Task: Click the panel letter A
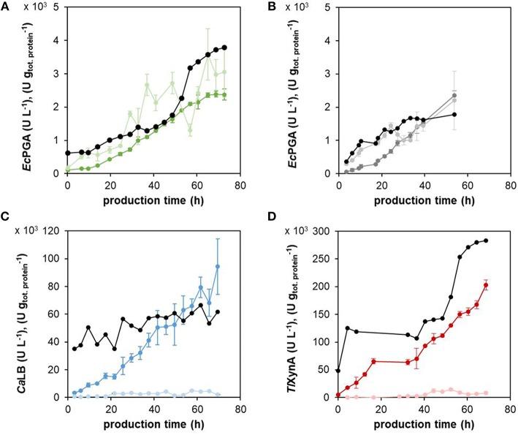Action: tap(6, 6)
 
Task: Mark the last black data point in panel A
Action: tap(225, 48)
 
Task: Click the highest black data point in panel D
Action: tap(486, 241)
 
